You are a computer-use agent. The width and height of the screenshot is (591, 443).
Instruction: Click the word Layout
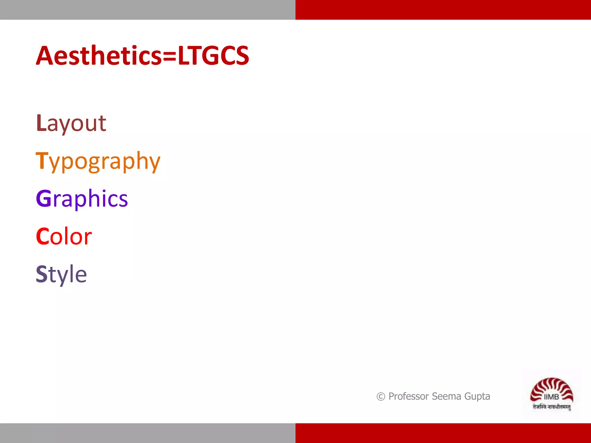[x=71, y=123]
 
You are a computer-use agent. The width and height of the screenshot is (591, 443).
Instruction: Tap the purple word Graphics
[x=82, y=199]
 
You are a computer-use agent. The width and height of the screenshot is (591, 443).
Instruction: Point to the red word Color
[x=64, y=236]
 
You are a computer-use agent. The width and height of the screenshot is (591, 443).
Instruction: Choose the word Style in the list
[x=61, y=274]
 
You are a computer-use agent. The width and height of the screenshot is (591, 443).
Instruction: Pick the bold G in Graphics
[x=44, y=198]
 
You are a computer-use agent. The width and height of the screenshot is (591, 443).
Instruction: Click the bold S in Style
[x=42, y=274]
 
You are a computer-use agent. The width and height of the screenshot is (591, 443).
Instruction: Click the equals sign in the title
[x=169, y=56]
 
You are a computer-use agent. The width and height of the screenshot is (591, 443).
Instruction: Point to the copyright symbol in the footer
[x=381, y=397]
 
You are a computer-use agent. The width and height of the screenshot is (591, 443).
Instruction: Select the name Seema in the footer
[x=446, y=396]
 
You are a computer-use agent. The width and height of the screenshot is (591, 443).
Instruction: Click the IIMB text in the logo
[x=551, y=397]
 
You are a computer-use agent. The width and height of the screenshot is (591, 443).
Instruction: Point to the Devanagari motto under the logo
[x=551, y=407]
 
